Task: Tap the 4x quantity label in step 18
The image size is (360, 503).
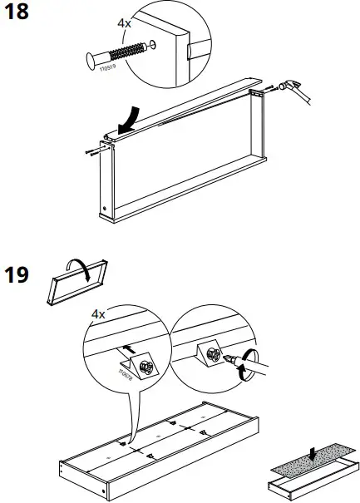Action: coord(125,24)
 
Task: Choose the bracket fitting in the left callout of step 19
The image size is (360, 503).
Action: coord(138,364)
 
